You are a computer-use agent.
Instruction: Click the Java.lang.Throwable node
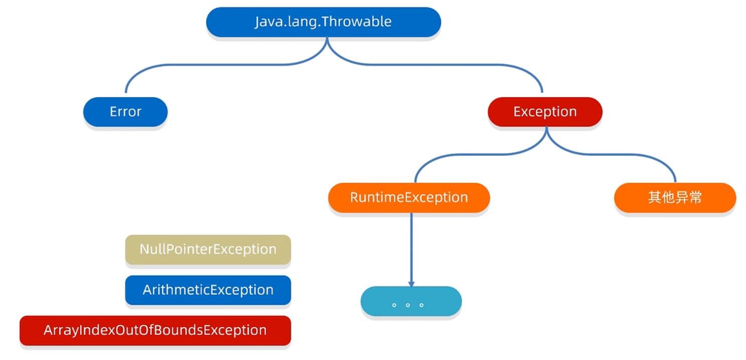point(324,22)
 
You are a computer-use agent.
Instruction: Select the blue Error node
point(125,112)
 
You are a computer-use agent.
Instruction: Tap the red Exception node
point(545,112)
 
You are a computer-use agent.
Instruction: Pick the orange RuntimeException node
point(409,198)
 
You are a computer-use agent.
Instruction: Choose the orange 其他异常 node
point(675,198)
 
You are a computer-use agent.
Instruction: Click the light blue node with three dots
point(411,301)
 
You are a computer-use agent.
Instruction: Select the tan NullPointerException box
point(208,250)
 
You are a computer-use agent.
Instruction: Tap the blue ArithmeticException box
point(208,290)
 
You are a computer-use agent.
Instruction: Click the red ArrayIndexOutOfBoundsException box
point(155,331)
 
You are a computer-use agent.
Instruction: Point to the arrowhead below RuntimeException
point(411,284)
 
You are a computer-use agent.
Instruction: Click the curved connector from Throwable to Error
point(213,65)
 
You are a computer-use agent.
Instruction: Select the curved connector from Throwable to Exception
point(433,65)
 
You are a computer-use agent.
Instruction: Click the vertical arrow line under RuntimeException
point(411,250)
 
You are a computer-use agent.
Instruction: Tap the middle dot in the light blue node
point(408,305)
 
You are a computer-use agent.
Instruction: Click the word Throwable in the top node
point(356,22)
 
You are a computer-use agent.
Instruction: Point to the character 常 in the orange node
point(695,198)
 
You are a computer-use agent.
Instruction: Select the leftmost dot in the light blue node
point(394,305)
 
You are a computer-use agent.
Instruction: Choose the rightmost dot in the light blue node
point(421,305)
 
